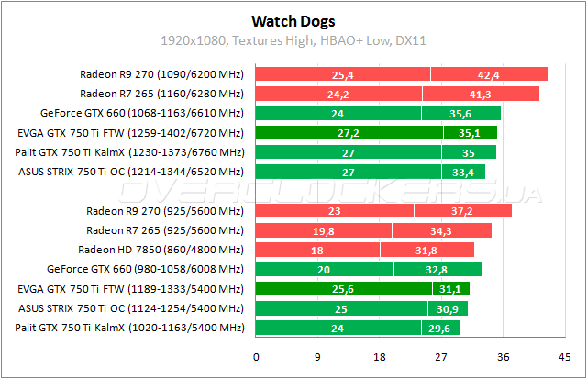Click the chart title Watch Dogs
click(293, 19)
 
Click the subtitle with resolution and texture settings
click(293, 40)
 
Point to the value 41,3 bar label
click(480, 94)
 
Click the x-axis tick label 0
click(256, 357)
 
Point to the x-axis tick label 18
click(379, 357)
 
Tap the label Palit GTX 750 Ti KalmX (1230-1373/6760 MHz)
click(130, 151)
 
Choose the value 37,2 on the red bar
click(462, 210)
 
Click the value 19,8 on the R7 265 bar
click(323, 230)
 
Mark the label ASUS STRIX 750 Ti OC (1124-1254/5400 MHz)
click(131, 308)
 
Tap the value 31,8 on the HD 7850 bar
click(426, 250)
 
